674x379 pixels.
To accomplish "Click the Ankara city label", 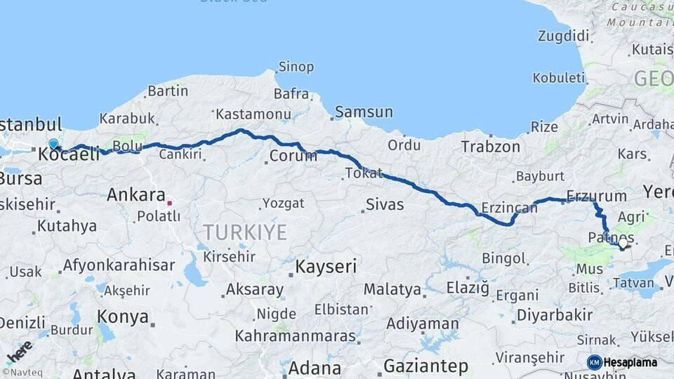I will [x=136, y=195].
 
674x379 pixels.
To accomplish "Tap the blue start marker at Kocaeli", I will [x=53, y=145].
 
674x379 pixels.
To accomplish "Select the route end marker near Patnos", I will [x=622, y=245].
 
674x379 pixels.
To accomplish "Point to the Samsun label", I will [x=364, y=112].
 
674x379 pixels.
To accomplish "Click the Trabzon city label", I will [x=491, y=147].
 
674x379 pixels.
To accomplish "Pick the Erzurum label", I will [x=596, y=196].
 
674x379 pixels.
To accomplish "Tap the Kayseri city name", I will [x=326, y=267].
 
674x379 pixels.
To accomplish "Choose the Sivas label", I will [x=384, y=205].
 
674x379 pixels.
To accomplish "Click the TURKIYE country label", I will [x=245, y=232].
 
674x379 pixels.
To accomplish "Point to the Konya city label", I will [x=123, y=317].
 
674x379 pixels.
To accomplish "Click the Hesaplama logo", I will [x=623, y=362].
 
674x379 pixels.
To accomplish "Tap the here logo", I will [x=19, y=351].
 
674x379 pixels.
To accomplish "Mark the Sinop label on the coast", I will [x=296, y=67].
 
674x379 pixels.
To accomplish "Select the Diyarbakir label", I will [x=555, y=315].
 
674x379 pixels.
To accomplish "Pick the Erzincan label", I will [x=509, y=208].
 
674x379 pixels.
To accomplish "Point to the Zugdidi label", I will [x=564, y=35].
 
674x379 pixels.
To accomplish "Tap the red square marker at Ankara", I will [x=169, y=204].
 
